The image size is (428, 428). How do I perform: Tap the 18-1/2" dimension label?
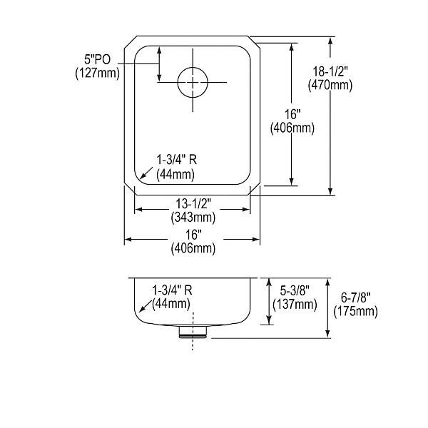coord(330,72)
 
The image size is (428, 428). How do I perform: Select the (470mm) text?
coord(330,85)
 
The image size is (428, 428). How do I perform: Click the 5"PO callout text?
coord(98,59)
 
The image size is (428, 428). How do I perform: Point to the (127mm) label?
coord(98,73)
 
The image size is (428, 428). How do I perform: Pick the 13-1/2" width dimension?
coord(193,203)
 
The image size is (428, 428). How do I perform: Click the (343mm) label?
coord(193,218)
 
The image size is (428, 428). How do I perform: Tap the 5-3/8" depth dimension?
coord(295,291)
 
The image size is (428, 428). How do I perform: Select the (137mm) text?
coord(295,304)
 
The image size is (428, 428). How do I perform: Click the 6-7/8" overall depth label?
coord(356,297)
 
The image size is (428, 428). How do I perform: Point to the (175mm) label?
coord(356,311)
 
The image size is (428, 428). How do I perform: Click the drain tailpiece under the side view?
coord(193,332)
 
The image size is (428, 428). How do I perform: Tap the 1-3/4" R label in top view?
coord(177,160)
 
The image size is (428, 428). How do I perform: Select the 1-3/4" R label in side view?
coord(172,290)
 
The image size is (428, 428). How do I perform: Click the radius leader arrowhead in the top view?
coord(142,176)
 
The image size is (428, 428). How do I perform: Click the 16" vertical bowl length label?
coord(292,114)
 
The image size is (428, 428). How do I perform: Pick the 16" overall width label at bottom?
coord(193,235)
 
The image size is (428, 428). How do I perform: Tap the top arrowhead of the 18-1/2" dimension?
coord(330,41)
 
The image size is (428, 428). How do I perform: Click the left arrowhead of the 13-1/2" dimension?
coord(139,210)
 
